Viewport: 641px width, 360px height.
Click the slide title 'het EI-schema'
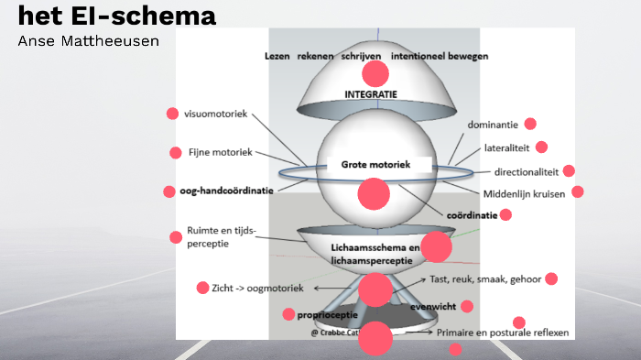[117, 16]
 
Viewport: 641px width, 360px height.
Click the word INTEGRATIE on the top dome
[371, 94]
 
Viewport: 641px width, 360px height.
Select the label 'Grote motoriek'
[373, 165]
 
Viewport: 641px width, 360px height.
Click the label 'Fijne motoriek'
[220, 152]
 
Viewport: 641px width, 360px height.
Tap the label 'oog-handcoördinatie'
[225, 191]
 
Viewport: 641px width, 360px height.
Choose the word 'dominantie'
[493, 125]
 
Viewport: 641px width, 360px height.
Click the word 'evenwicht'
[434, 307]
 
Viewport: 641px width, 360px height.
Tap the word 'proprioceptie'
[327, 314]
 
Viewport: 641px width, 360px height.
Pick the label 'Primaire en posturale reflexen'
[503, 333]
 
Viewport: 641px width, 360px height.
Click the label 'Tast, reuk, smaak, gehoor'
[485, 279]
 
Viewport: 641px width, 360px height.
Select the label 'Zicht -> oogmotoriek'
[257, 288]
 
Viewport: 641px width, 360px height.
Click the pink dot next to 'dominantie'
[530, 124]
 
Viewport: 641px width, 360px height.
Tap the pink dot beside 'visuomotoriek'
[172, 114]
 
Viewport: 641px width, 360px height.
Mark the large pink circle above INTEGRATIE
[375, 73]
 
